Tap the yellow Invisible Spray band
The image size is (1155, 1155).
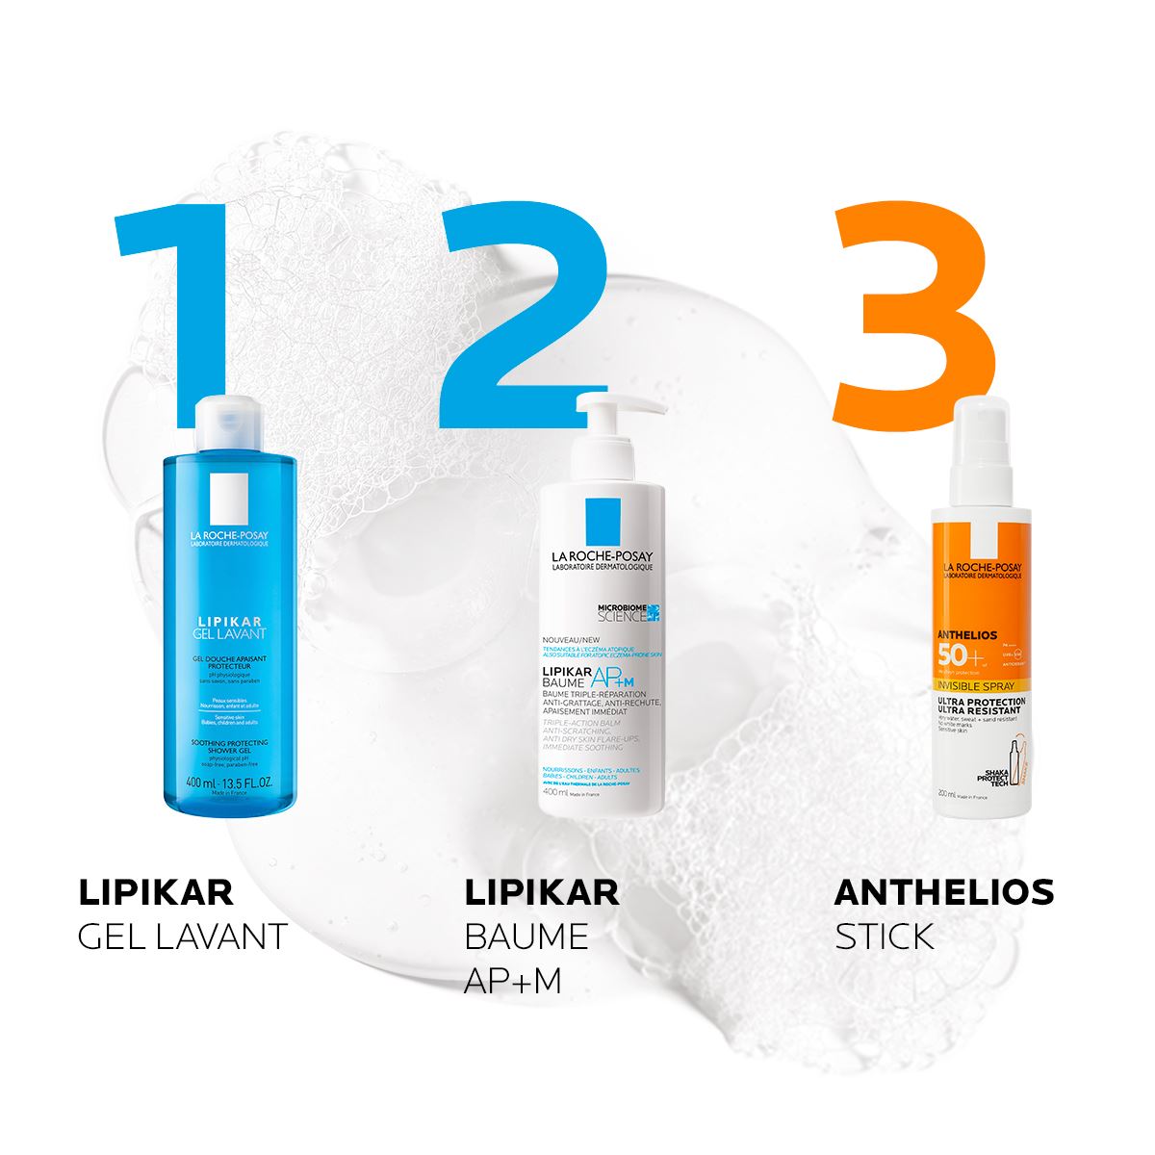click(x=978, y=689)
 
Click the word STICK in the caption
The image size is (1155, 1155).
click(x=885, y=937)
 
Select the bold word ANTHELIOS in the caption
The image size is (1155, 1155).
click(x=943, y=892)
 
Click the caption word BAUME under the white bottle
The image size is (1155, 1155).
click(x=526, y=937)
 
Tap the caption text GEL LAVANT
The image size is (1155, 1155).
click(x=182, y=937)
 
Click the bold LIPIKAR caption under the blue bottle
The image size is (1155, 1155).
click(x=155, y=892)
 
